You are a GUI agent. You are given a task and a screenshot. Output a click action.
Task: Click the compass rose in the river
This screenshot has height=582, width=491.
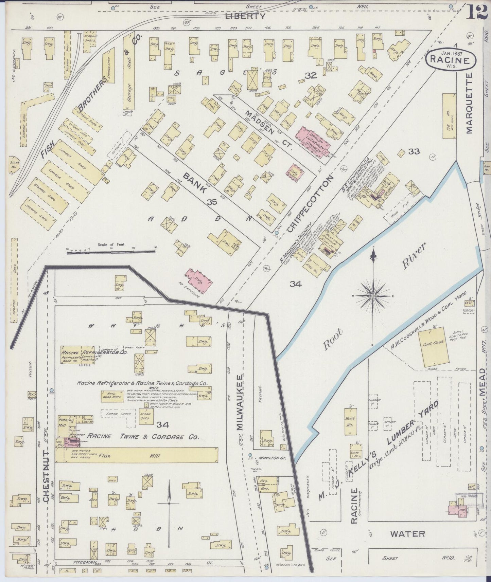pyautogui.click(x=373, y=296)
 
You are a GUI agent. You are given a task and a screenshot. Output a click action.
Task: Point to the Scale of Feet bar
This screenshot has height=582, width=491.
pyautogui.click(x=111, y=252)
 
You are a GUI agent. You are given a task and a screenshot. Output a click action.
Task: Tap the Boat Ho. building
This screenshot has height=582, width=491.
pyautogui.click(x=350, y=420)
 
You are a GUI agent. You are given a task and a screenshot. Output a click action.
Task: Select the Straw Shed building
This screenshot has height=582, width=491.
pyautogui.click(x=146, y=416)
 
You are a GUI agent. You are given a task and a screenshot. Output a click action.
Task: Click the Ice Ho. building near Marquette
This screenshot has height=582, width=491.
pyautogui.click(x=449, y=116)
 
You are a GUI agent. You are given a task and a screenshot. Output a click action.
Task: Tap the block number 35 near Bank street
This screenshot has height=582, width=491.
pyautogui.click(x=212, y=202)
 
